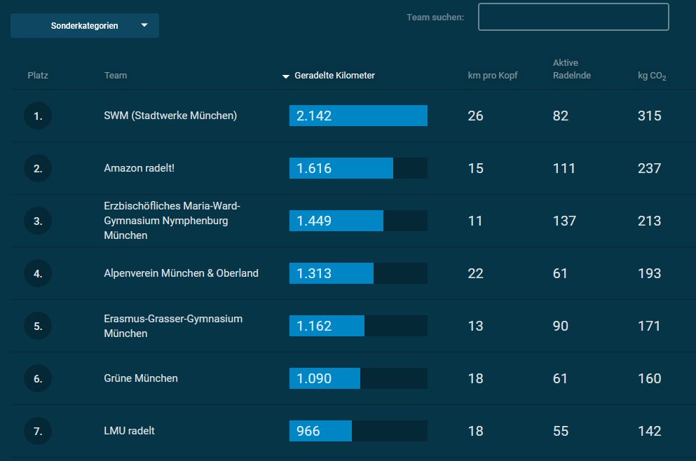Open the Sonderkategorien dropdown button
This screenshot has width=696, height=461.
point(85,26)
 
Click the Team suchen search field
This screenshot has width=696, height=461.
point(573,17)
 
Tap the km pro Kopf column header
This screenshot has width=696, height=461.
point(493,76)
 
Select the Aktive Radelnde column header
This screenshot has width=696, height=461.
point(572,69)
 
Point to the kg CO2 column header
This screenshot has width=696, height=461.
point(652,76)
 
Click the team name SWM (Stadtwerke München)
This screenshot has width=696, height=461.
point(170,116)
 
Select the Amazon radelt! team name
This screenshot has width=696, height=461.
point(139,168)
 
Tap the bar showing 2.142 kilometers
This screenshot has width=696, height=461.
point(358,116)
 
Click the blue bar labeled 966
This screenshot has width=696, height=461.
point(320,431)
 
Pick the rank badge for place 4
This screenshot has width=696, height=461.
point(38,273)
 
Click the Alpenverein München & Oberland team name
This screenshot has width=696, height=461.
point(181,273)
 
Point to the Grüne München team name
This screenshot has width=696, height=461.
point(141,378)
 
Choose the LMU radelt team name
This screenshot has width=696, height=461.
point(129,431)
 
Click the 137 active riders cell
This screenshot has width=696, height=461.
point(564,221)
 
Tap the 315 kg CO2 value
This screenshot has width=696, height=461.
point(650,116)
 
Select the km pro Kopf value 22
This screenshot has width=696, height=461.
point(475,273)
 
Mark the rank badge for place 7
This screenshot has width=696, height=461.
point(38,431)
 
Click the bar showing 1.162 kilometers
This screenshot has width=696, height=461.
point(327,326)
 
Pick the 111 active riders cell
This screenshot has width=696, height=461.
point(564,168)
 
